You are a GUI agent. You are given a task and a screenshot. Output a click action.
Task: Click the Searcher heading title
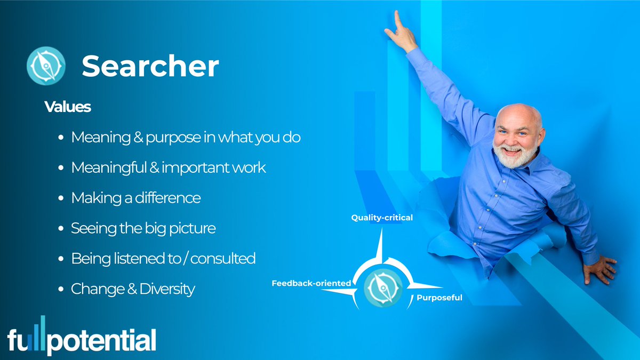[x=150, y=67]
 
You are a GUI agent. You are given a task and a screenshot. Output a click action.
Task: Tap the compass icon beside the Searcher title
[x=46, y=66]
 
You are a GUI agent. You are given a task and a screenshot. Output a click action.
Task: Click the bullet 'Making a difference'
[x=136, y=198]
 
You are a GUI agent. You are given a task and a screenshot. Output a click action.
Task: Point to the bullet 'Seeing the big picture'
[x=143, y=228]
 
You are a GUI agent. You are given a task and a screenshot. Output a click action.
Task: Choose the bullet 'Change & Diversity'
[x=133, y=289]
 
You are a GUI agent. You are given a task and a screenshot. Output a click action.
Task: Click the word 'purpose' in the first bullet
[x=174, y=138]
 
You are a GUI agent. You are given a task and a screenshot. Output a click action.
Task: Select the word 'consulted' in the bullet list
[x=222, y=259]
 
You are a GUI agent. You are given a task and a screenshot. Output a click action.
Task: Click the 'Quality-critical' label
[x=381, y=218]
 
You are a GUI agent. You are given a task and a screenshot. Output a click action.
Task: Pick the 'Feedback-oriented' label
[x=311, y=283]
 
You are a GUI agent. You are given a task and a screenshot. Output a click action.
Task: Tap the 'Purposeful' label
[x=439, y=298]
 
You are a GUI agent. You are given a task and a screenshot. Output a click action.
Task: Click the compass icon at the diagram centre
[x=383, y=287]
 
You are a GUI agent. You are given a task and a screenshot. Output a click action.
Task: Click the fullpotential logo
[x=82, y=338]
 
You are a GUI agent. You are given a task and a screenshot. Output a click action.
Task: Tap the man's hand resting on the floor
[x=599, y=269]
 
